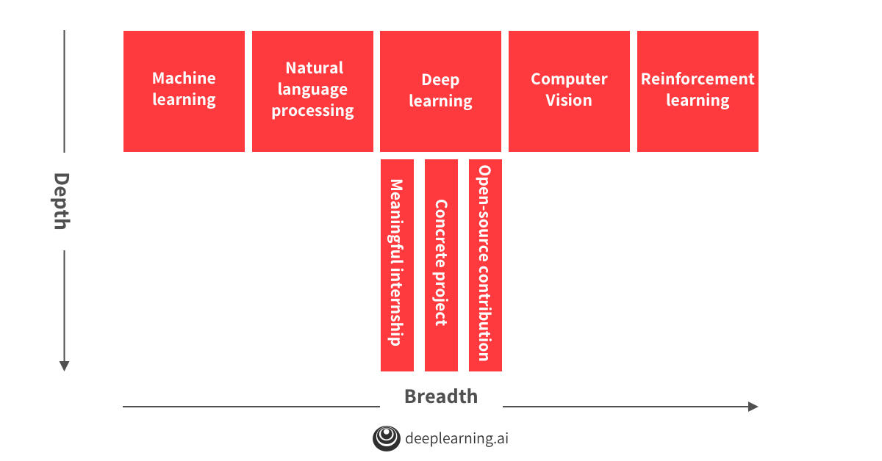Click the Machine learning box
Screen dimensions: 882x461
(x=184, y=91)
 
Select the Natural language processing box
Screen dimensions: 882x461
(x=312, y=91)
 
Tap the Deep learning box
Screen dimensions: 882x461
(x=440, y=91)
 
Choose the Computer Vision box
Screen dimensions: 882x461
(x=569, y=91)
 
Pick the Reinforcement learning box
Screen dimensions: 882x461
(x=698, y=91)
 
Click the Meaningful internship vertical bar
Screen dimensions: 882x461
(x=397, y=265)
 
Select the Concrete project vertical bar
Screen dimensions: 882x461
(x=441, y=265)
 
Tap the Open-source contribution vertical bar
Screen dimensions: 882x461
(x=485, y=265)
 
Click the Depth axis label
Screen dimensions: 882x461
(x=62, y=201)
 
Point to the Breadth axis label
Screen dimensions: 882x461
(x=441, y=396)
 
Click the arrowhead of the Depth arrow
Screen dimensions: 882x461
(x=64, y=366)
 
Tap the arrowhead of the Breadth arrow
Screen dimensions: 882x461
(x=753, y=407)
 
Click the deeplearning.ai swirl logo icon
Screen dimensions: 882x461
(x=387, y=438)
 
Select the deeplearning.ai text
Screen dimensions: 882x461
(x=456, y=438)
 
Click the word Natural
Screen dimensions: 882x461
(x=315, y=68)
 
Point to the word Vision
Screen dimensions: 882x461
(x=569, y=101)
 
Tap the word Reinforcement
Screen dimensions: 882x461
(x=698, y=79)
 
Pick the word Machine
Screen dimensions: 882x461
(x=184, y=78)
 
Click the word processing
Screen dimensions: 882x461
(x=312, y=111)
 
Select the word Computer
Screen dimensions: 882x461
(x=569, y=79)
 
